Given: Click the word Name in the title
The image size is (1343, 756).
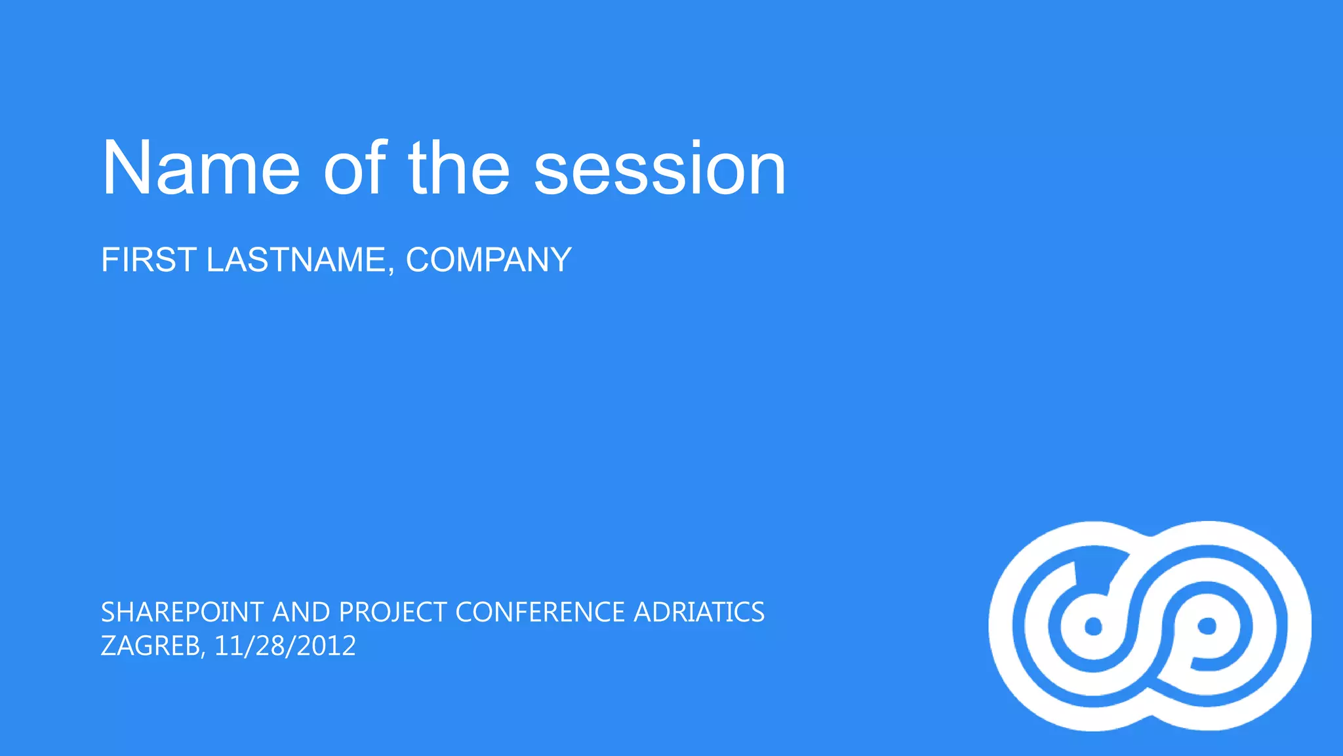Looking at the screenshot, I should [201, 168].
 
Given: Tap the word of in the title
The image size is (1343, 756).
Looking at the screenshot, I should [354, 168].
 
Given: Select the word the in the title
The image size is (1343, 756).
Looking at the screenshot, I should [459, 168].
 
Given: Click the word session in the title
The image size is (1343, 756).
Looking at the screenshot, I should [659, 168].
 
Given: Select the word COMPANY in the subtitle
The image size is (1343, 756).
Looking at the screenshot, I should [489, 260].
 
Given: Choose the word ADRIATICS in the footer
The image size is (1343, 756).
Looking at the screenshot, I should [699, 612].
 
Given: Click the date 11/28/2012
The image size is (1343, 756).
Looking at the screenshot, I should [285, 646].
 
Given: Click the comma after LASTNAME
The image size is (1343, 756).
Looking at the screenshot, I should [391, 271].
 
